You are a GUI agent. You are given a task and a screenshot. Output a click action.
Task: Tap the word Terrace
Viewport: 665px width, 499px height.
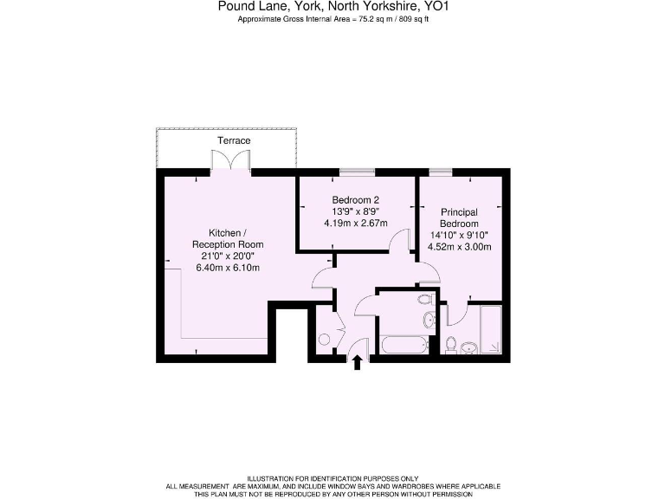[x=234, y=140]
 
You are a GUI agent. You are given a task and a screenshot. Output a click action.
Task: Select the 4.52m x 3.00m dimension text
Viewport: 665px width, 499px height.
[x=460, y=246]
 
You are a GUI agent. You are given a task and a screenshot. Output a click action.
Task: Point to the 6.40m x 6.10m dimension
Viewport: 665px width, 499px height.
[x=227, y=268]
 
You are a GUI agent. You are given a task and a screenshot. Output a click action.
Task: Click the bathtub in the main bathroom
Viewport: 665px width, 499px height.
[x=404, y=345]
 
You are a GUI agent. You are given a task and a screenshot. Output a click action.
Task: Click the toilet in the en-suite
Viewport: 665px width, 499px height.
[x=450, y=345]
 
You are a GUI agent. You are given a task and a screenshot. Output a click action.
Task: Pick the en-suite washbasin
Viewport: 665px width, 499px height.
[x=468, y=348]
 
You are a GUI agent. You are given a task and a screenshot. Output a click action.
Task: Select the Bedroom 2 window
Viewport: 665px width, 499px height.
[x=358, y=172]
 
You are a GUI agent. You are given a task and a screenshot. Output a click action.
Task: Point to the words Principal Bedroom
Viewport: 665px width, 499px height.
[x=459, y=217]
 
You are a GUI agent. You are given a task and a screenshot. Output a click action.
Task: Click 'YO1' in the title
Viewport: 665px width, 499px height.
[x=436, y=7]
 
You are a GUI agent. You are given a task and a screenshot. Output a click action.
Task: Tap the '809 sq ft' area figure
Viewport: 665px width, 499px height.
[x=410, y=19]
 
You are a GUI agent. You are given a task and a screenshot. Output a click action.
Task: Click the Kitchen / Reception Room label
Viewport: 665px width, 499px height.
[x=227, y=238]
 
